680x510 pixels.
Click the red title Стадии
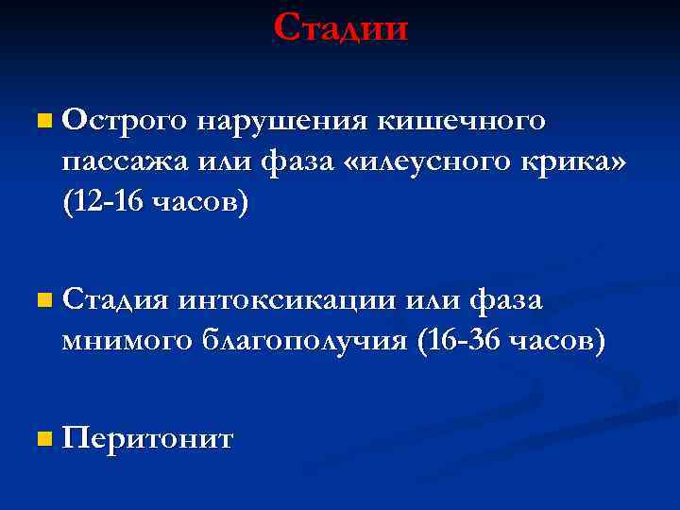(x=341, y=27)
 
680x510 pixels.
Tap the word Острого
(x=123, y=122)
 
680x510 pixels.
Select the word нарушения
(x=282, y=122)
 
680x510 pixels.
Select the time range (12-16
(x=103, y=203)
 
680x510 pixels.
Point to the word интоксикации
(x=288, y=302)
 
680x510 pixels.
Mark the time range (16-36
(x=457, y=341)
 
